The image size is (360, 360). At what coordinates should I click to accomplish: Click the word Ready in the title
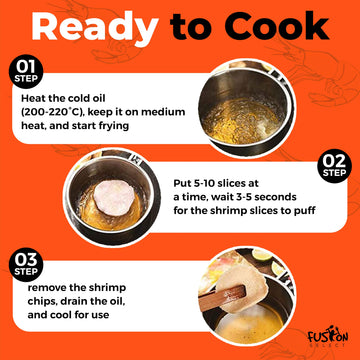[x=95, y=27]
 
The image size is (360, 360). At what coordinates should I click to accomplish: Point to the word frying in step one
[x=112, y=126]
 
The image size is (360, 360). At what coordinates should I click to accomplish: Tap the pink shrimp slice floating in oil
[x=114, y=197]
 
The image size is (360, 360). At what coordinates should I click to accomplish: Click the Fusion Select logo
[x=327, y=337]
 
